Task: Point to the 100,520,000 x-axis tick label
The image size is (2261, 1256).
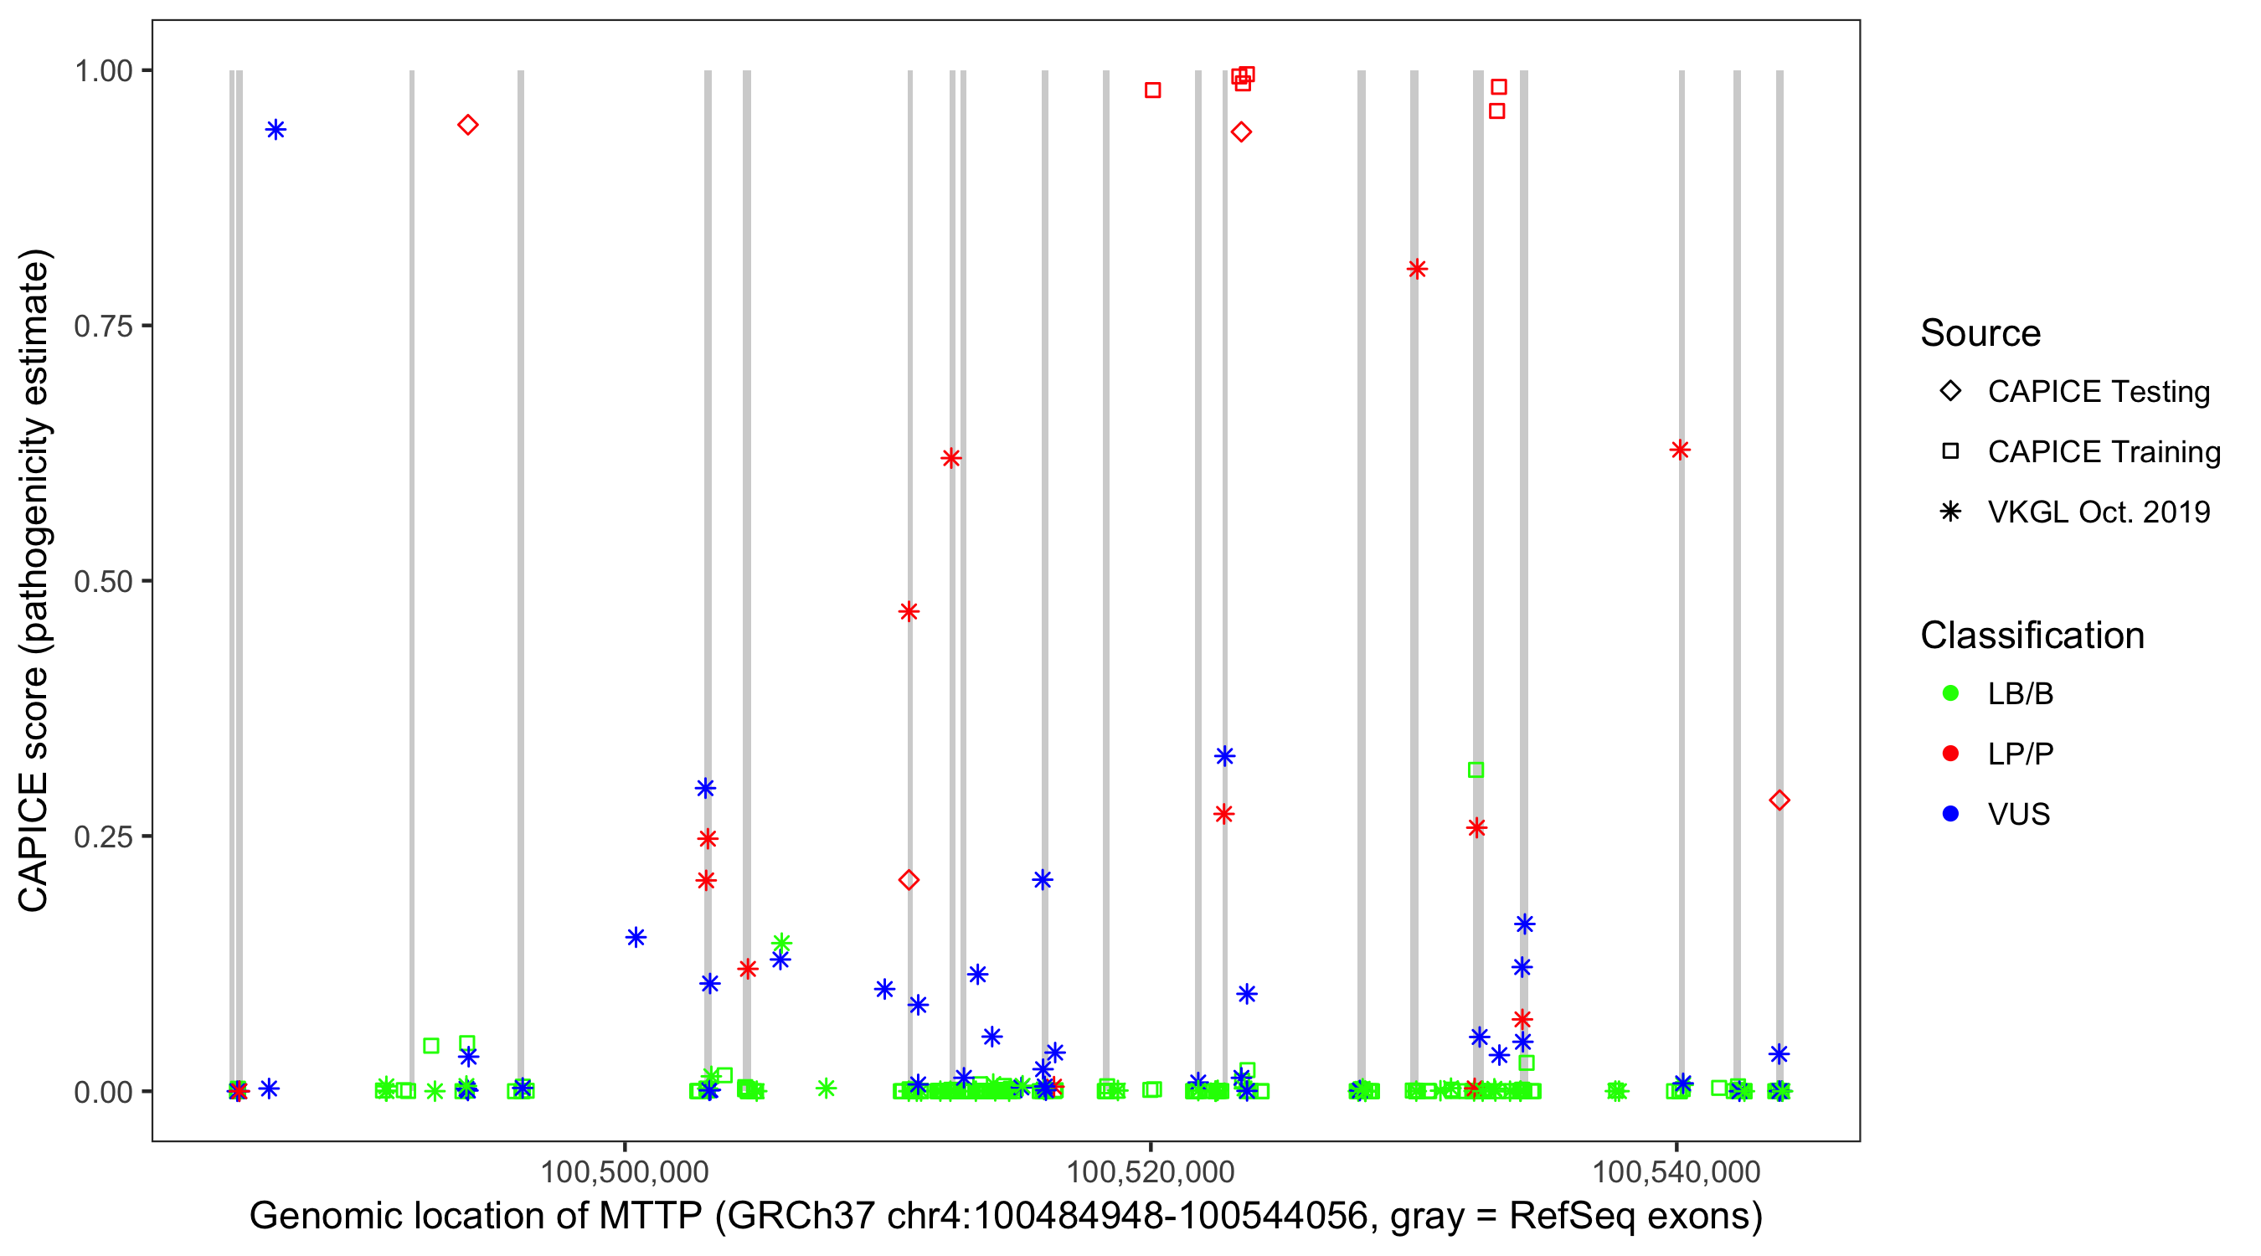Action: point(1150,1171)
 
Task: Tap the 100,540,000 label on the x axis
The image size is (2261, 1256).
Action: point(1676,1171)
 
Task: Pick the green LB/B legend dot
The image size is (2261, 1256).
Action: point(1950,693)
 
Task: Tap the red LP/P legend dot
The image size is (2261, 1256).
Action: point(1950,754)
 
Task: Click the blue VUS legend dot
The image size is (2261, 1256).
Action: point(1950,815)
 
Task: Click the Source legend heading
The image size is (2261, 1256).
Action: point(1980,333)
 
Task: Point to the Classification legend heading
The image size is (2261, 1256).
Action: point(2032,636)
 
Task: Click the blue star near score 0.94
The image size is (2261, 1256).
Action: point(276,130)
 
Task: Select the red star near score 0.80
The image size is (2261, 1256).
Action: point(1417,270)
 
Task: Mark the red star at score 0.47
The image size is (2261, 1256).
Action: point(909,612)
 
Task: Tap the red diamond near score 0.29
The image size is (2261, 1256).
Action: point(1779,800)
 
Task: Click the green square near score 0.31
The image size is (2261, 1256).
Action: point(1476,770)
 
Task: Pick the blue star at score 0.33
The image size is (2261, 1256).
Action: point(1224,757)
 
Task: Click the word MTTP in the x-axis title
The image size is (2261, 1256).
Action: point(651,1217)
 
